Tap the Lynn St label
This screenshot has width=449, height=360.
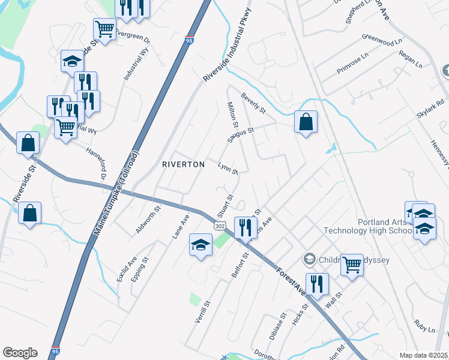(x=228, y=167)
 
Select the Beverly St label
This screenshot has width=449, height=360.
(x=253, y=103)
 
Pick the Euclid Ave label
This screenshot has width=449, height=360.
(x=127, y=269)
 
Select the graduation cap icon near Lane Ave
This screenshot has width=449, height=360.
(x=201, y=244)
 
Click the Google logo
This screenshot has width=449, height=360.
(x=20, y=353)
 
